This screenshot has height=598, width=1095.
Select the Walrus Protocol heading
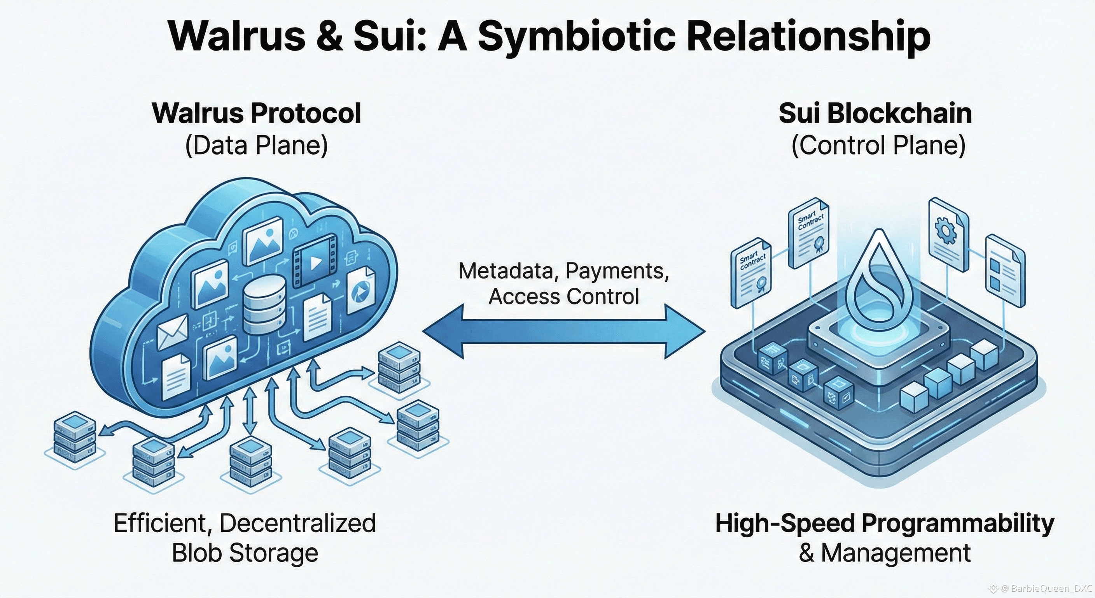click(x=257, y=114)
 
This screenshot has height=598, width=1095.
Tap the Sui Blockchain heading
click(x=875, y=114)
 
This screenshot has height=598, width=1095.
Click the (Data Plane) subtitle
click(x=257, y=146)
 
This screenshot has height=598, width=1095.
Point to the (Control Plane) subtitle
click(x=878, y=146)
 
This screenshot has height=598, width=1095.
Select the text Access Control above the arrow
click(x=564, y=297)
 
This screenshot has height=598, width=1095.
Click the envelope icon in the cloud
click(x=172, y=332)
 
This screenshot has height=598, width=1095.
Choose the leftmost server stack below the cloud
click(x=75, y=438)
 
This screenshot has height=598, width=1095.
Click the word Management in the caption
click(x=896, y=553)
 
